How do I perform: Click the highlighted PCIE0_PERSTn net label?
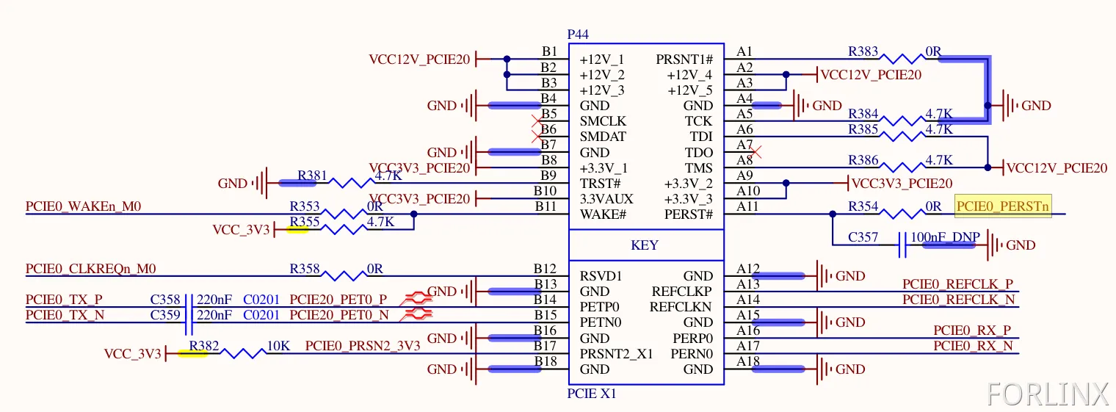pyautogui.click(x=1003, y=206)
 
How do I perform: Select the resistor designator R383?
pyautogui.click(x=863, y=51)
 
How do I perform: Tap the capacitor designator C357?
pyautogui.click(x=863, y=237)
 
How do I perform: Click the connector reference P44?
pyautogui.click(x=578, y=35)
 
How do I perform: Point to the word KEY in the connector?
pyautogui.click(x=645, y=245)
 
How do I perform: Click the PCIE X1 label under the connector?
pyautogui.click(x=592, y=394)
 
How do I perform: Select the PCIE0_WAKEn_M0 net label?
pyautogui.click(x=83, y=206)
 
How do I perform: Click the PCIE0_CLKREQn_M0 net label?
pyautogui.click(x=90, y=269)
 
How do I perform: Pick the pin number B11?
pyautogui.click(x=546, y=206)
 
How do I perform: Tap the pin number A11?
pyautogui.click(x=747, y=206)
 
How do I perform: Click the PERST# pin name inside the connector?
pyautogui.click(x=688, y=214)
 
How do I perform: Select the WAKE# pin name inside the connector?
pyautogui.click(x=603, y=214)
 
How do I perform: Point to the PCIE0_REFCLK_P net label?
pyautogui.click(x=957, y=284)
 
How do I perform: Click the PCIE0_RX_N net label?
pyautogui.click(x=973, y=346)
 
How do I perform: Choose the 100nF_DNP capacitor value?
pyautogui.click(x=943, y=237)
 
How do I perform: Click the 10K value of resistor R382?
pyautogui.click(x=278, y=346)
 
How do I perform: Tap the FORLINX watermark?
pyautogui.click(x=1048, y=394)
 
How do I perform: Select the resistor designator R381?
pyautogui.click(x=313, y=176)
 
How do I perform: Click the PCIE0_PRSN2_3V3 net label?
pyautogui.click(x=363, y=346)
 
